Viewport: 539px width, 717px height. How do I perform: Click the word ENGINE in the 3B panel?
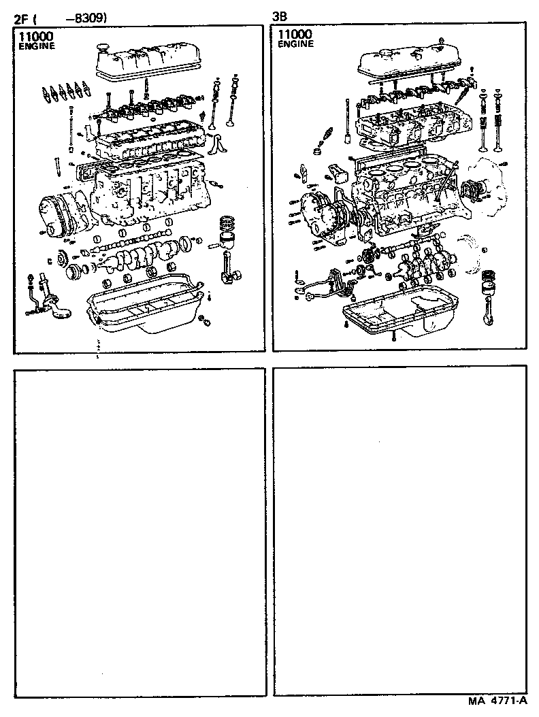pos(295,44)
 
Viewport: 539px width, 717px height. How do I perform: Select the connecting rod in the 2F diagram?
pos(229,265)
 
